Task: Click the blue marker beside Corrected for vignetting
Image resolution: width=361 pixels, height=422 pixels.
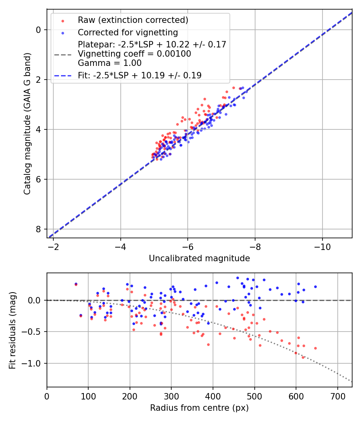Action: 63,33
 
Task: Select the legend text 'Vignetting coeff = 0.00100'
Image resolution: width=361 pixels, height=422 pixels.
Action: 134,54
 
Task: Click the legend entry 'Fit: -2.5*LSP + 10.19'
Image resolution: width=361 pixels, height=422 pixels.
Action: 139,75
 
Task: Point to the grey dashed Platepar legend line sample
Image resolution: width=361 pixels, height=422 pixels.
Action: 63,54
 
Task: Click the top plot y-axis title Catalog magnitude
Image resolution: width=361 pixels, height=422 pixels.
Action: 27,123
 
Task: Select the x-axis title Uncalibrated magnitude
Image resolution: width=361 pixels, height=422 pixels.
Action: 199,258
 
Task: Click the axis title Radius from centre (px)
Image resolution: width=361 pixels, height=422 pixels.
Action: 199,408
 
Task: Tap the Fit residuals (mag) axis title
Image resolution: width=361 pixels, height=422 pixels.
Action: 12,330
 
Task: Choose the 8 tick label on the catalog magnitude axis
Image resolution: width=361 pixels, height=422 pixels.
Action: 38,229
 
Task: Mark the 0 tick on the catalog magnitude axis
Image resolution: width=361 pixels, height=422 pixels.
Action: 38,30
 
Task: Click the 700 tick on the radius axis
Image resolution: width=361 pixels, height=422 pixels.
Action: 337,396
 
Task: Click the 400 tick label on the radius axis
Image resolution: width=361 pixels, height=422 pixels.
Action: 171,396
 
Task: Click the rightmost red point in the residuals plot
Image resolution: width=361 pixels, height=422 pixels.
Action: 315,348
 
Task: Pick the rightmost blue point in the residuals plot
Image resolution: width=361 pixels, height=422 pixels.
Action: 315,287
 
